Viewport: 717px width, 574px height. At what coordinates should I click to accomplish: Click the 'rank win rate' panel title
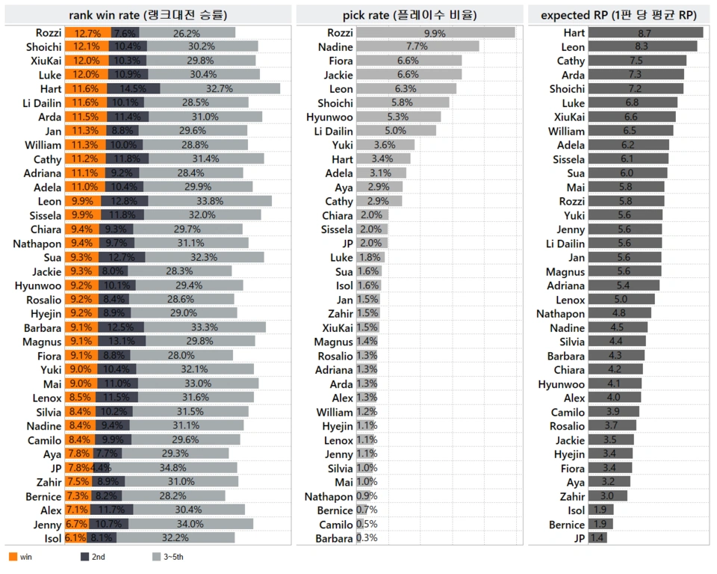click(x=148, y=14)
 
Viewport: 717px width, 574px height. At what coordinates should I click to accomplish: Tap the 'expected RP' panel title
click(x=618, y=14)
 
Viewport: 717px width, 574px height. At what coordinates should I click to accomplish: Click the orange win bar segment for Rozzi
click(x=87, y=33)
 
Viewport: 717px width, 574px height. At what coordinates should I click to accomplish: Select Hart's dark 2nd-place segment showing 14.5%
click(x=134, y=89)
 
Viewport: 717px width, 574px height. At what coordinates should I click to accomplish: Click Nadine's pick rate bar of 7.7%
click(x=417, y=46)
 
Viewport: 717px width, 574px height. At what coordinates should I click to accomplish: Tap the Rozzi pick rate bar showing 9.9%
click(x=435, y=33)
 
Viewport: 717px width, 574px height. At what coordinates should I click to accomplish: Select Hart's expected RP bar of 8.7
click(x=645, y=33)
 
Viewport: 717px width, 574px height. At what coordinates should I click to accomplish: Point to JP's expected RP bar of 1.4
click(x=597, y=538)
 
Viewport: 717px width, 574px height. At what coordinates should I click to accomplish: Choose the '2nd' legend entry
click(x=93, y=557)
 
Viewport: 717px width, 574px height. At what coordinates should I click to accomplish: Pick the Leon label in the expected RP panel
click(x=573, y=46)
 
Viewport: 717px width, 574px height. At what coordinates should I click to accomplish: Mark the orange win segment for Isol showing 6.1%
click(x=75, y=538)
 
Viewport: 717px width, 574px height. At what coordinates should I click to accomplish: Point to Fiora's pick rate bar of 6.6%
click(x=409, y=61)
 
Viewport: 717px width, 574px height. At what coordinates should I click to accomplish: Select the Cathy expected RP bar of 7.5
click(x=636, y=61)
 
